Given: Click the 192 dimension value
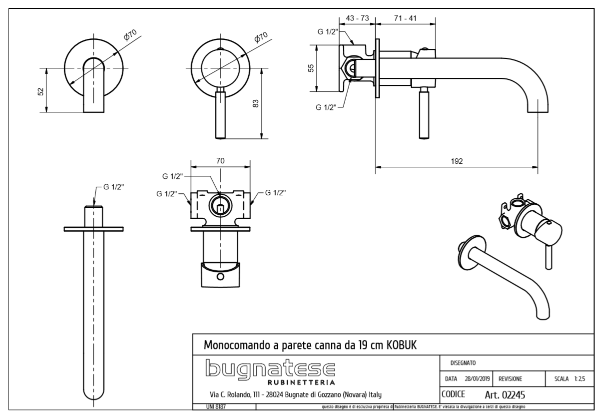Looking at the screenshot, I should pos(456,161).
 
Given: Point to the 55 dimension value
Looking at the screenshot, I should pos(310,68).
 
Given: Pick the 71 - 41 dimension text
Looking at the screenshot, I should pos(406,18).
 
